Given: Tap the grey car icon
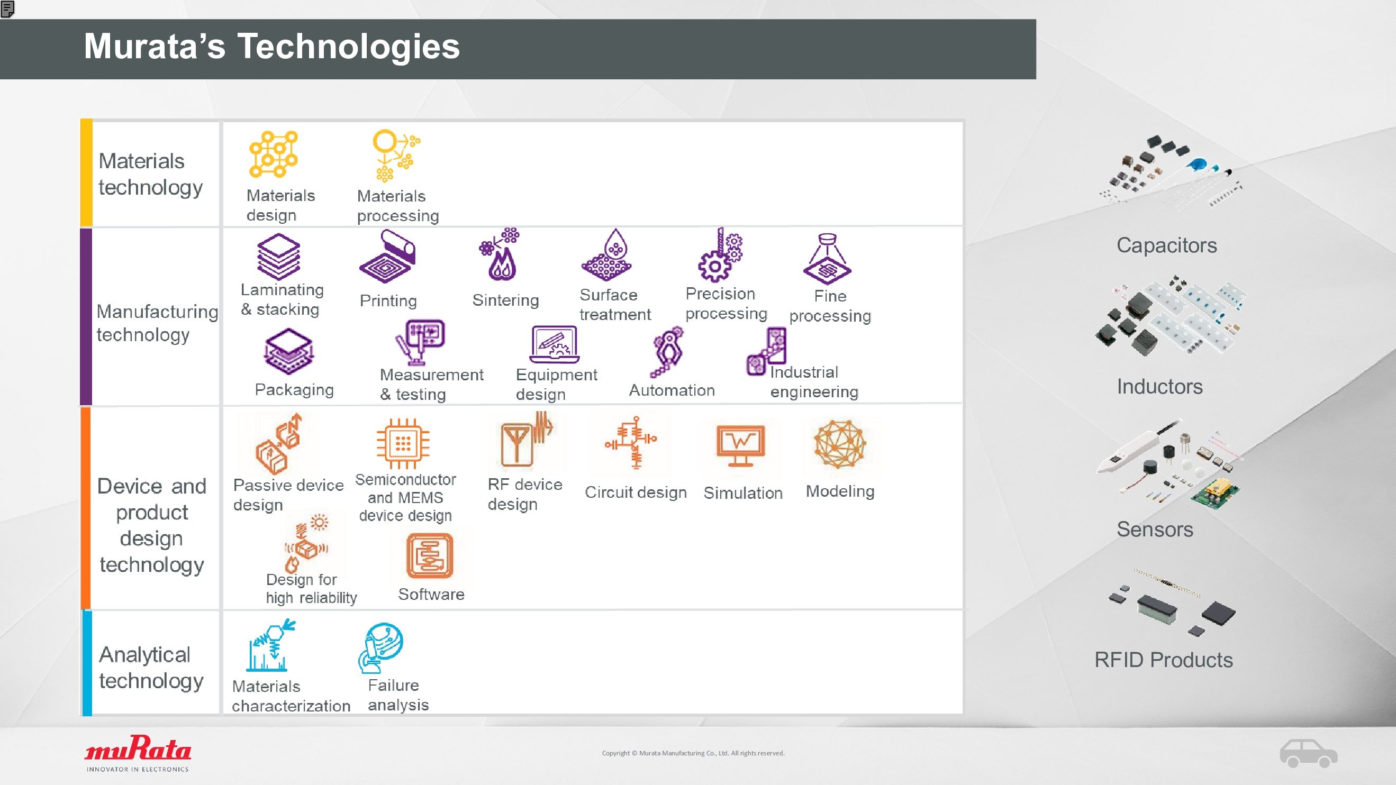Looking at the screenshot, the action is [x=1308, y=753].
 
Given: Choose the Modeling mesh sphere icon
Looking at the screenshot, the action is [x=839, y=444].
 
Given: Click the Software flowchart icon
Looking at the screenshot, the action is [x=430, y=556].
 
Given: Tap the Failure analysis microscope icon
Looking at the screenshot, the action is [x=380, y=647].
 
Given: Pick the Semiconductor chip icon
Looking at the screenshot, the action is [x=403, y=443].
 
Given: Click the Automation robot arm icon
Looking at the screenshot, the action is [x=667, y=352].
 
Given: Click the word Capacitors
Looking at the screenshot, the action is [x=1167, y=245].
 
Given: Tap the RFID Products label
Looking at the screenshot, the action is [x=1164, y=660].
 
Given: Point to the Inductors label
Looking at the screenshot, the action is [x=1160, y=386].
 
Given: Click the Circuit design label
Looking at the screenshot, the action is [x=636, y=492].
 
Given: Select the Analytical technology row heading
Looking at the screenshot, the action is [x=151, y=668].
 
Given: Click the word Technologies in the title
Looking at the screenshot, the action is [x=348, y=46].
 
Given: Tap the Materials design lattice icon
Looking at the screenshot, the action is [x=274, y=154].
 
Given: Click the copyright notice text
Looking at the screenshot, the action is [x=693, y=753].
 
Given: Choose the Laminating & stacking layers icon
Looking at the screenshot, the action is [x=278, y=257].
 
